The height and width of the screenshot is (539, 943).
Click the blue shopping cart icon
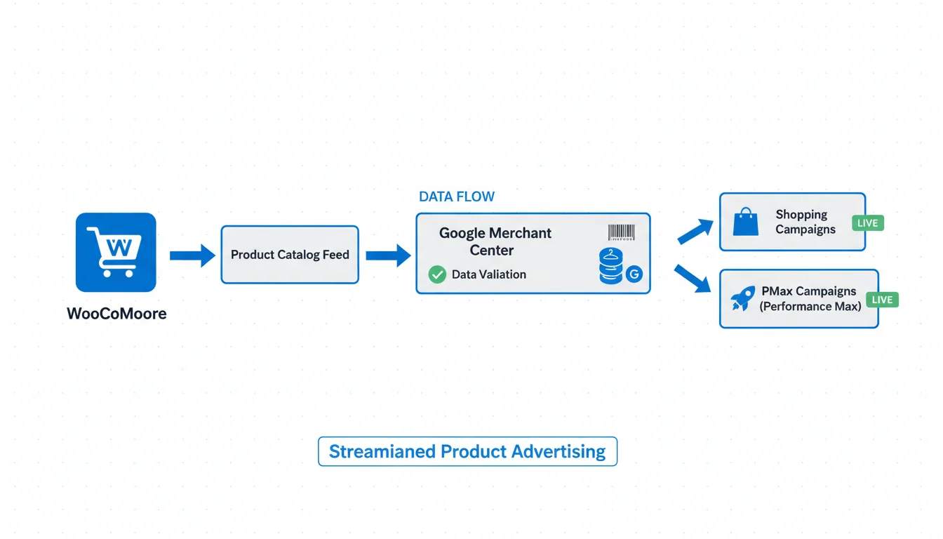(x=116, y=252)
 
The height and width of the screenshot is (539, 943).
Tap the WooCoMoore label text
(x=116, y=314)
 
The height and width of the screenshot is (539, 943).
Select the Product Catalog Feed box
(x=290, y=255)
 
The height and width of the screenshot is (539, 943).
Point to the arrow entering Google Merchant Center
(x=388, y=256)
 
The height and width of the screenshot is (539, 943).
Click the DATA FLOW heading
(x=457, y=197)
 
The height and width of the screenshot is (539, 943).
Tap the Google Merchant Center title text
(x=495, y=241)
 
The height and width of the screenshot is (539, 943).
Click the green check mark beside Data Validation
(x=437, y=274)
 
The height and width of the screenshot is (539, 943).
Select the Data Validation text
(x=489, y=274)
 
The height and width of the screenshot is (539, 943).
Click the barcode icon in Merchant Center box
(x=622, y=233)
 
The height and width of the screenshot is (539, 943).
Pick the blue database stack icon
(x=611, y=266)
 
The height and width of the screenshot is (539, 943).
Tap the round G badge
(x=634, y=274)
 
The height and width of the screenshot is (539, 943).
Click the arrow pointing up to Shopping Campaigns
(x=695, y=231)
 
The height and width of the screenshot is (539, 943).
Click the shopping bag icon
(x=746, y=222)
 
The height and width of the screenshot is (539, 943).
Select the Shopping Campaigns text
(x=805, y=222)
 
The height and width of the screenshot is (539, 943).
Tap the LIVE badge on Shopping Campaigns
(x=868, y=223)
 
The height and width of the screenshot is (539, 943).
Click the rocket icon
(x=743, y=298)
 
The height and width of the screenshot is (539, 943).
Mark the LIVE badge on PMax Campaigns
(x=882, y=300)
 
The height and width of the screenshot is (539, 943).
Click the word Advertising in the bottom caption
(x=559, y=451)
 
